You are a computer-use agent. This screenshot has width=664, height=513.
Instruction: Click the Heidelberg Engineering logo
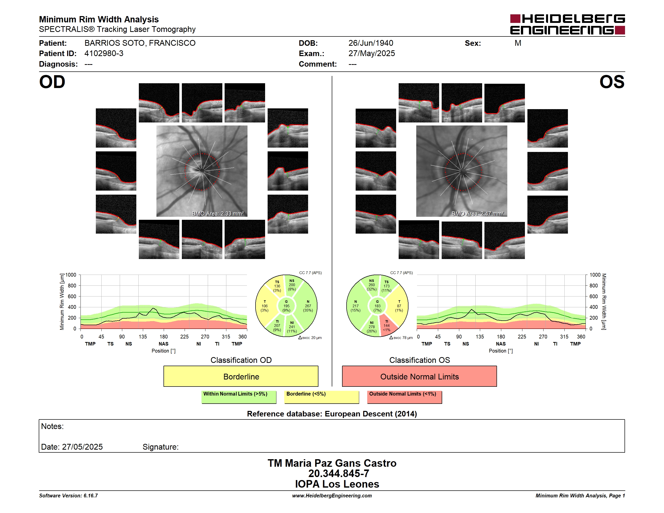coord(567,24)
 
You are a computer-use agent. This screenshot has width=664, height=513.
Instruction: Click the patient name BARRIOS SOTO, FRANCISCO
coord(140,43)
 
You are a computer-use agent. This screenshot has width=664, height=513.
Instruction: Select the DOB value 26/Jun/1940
coord(371,43)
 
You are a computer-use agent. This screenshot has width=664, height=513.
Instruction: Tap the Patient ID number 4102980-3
coord(104,54)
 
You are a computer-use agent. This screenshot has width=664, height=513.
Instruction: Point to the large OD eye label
coord(52,82)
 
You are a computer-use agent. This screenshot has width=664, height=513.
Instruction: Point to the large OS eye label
coord(612,82)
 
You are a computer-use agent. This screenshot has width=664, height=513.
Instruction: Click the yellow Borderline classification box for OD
coord(241,376)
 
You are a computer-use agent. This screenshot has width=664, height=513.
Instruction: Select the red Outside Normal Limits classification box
coord(419,376)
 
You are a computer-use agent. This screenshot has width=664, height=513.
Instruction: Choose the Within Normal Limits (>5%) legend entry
coord(239,397)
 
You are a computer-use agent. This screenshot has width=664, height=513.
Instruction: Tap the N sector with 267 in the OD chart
coord(307,306)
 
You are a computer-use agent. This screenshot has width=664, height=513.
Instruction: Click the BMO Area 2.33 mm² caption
coord(218,214)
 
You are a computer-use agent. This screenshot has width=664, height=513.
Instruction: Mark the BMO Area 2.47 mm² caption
coord(478,214)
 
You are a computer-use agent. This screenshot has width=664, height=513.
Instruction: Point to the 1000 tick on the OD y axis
coord(70,275)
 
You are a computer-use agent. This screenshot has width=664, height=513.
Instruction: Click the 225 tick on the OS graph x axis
coord(522,337)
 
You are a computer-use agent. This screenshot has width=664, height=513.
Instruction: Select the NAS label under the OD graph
coord(163,344)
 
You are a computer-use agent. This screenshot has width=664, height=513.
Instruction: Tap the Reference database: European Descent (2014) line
coord(332,414)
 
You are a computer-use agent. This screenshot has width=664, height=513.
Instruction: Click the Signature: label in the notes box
coord(160,447)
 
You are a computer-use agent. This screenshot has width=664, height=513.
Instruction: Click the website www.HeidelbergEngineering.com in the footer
coord(332,496)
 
